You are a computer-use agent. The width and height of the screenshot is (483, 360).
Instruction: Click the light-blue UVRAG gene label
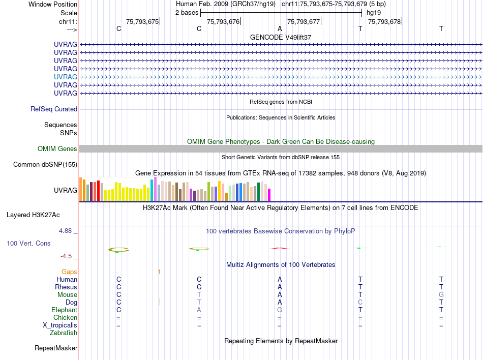(x=66, y=77)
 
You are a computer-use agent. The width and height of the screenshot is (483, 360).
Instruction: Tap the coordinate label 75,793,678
(x=384, y=21)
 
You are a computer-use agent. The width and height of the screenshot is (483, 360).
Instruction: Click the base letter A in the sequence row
(x=280, y=28)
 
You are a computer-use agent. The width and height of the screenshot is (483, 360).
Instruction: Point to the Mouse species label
(x=67, y=295)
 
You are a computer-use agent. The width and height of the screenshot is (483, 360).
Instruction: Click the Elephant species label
(x=64, y=310)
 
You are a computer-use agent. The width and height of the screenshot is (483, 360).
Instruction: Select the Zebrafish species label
(x=64, y=333)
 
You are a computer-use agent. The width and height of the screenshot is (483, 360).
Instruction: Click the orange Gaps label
(x=69, y=272)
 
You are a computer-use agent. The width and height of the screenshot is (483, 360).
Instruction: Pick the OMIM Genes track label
(x=57, y=149)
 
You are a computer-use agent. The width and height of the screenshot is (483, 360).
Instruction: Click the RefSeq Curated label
(x=54, y=109)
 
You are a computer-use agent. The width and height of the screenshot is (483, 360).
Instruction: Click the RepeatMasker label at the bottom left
(x=56, y=348)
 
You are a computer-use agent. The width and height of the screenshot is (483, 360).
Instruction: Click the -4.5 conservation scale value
(x=67, y=256)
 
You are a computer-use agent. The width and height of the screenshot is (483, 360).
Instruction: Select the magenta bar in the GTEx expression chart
(x=269, y=195)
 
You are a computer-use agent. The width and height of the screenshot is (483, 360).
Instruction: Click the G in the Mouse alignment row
(x=441, y=295)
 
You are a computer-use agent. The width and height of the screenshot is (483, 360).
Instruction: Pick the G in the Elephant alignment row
(x=280, y=310)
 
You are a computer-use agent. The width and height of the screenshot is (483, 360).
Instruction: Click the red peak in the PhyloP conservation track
(x=280, y=248)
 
